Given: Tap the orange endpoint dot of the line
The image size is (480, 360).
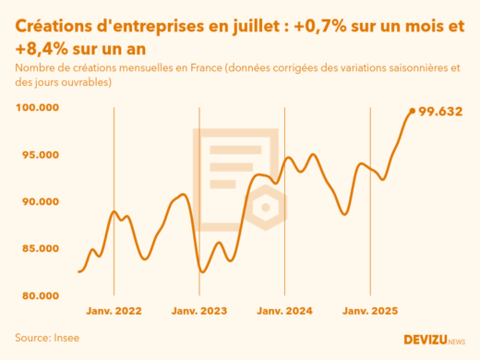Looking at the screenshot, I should [412, 111].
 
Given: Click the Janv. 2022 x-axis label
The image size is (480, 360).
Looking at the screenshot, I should [114, 312].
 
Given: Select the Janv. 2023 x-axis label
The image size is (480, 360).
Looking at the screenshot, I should [199, 312].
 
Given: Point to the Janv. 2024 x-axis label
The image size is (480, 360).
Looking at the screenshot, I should [285, 312].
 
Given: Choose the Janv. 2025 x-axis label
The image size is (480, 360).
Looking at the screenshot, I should [370, 312].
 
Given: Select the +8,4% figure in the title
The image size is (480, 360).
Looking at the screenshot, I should [42, 49].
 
